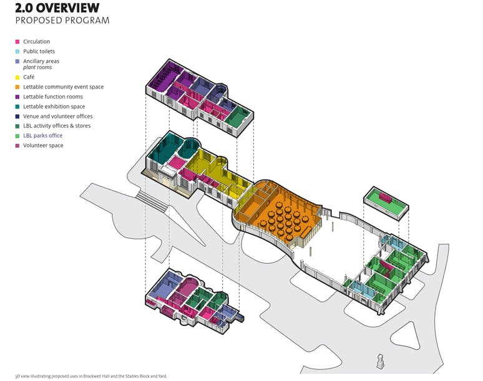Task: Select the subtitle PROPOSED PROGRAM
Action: point(62,21)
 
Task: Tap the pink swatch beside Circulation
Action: point(17,42)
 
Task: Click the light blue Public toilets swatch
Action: point(17,52)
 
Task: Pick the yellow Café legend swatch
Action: point(17,77)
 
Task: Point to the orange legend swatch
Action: point(17,87)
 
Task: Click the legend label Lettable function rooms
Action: point(53,97)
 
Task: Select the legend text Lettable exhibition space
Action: point(54,107)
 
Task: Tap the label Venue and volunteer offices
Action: point(58,116)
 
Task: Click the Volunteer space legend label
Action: point(43,145)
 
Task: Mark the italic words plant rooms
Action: point(37,67)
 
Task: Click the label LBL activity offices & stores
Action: point(57,126)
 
